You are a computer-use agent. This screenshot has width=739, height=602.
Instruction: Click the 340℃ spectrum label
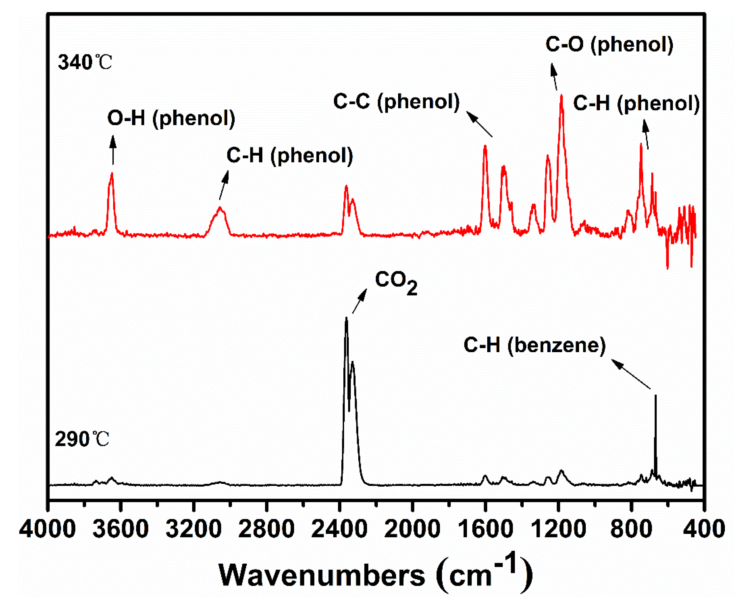pos(85,63)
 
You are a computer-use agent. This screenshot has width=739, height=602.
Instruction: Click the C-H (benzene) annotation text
pos(534,345)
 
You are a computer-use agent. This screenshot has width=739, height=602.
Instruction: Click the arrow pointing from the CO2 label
pos(359,301)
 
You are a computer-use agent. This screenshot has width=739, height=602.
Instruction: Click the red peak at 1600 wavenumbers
pos(485,146)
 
